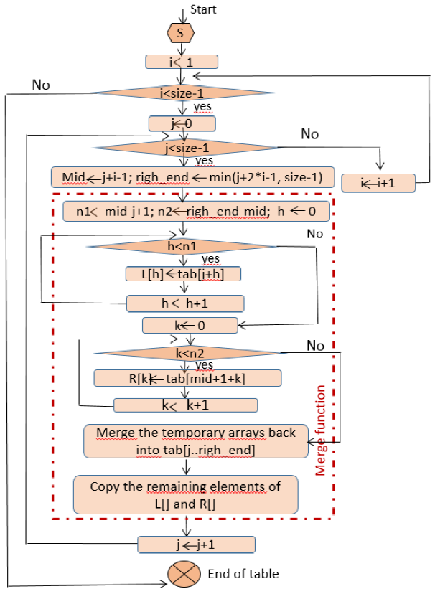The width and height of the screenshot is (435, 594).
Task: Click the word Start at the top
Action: pyautogui.click(x=202, y=9)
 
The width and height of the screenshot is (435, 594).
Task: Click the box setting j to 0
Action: pyautogui.click(x=182, y=123)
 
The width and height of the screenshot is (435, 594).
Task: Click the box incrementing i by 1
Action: pyautogui.click(x=378, y=183)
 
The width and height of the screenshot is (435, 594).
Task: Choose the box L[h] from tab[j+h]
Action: pyautogui.click(x=183, y=274)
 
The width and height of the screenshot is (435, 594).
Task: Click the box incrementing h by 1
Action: pyautogui.click(x=185, y=303)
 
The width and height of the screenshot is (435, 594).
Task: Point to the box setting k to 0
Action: pyautogui.click(x=190, y=325)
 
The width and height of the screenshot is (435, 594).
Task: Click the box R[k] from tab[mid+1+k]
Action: pyautogui.click(x=187, y=377)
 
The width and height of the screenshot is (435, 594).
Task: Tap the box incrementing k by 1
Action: pyautogui.click(x=186, y=405)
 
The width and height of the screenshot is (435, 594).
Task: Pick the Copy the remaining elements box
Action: pyautogui.click(x=185, y=494)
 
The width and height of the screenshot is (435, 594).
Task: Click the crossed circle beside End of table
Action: pyautogui.click(x=182, y=574)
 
